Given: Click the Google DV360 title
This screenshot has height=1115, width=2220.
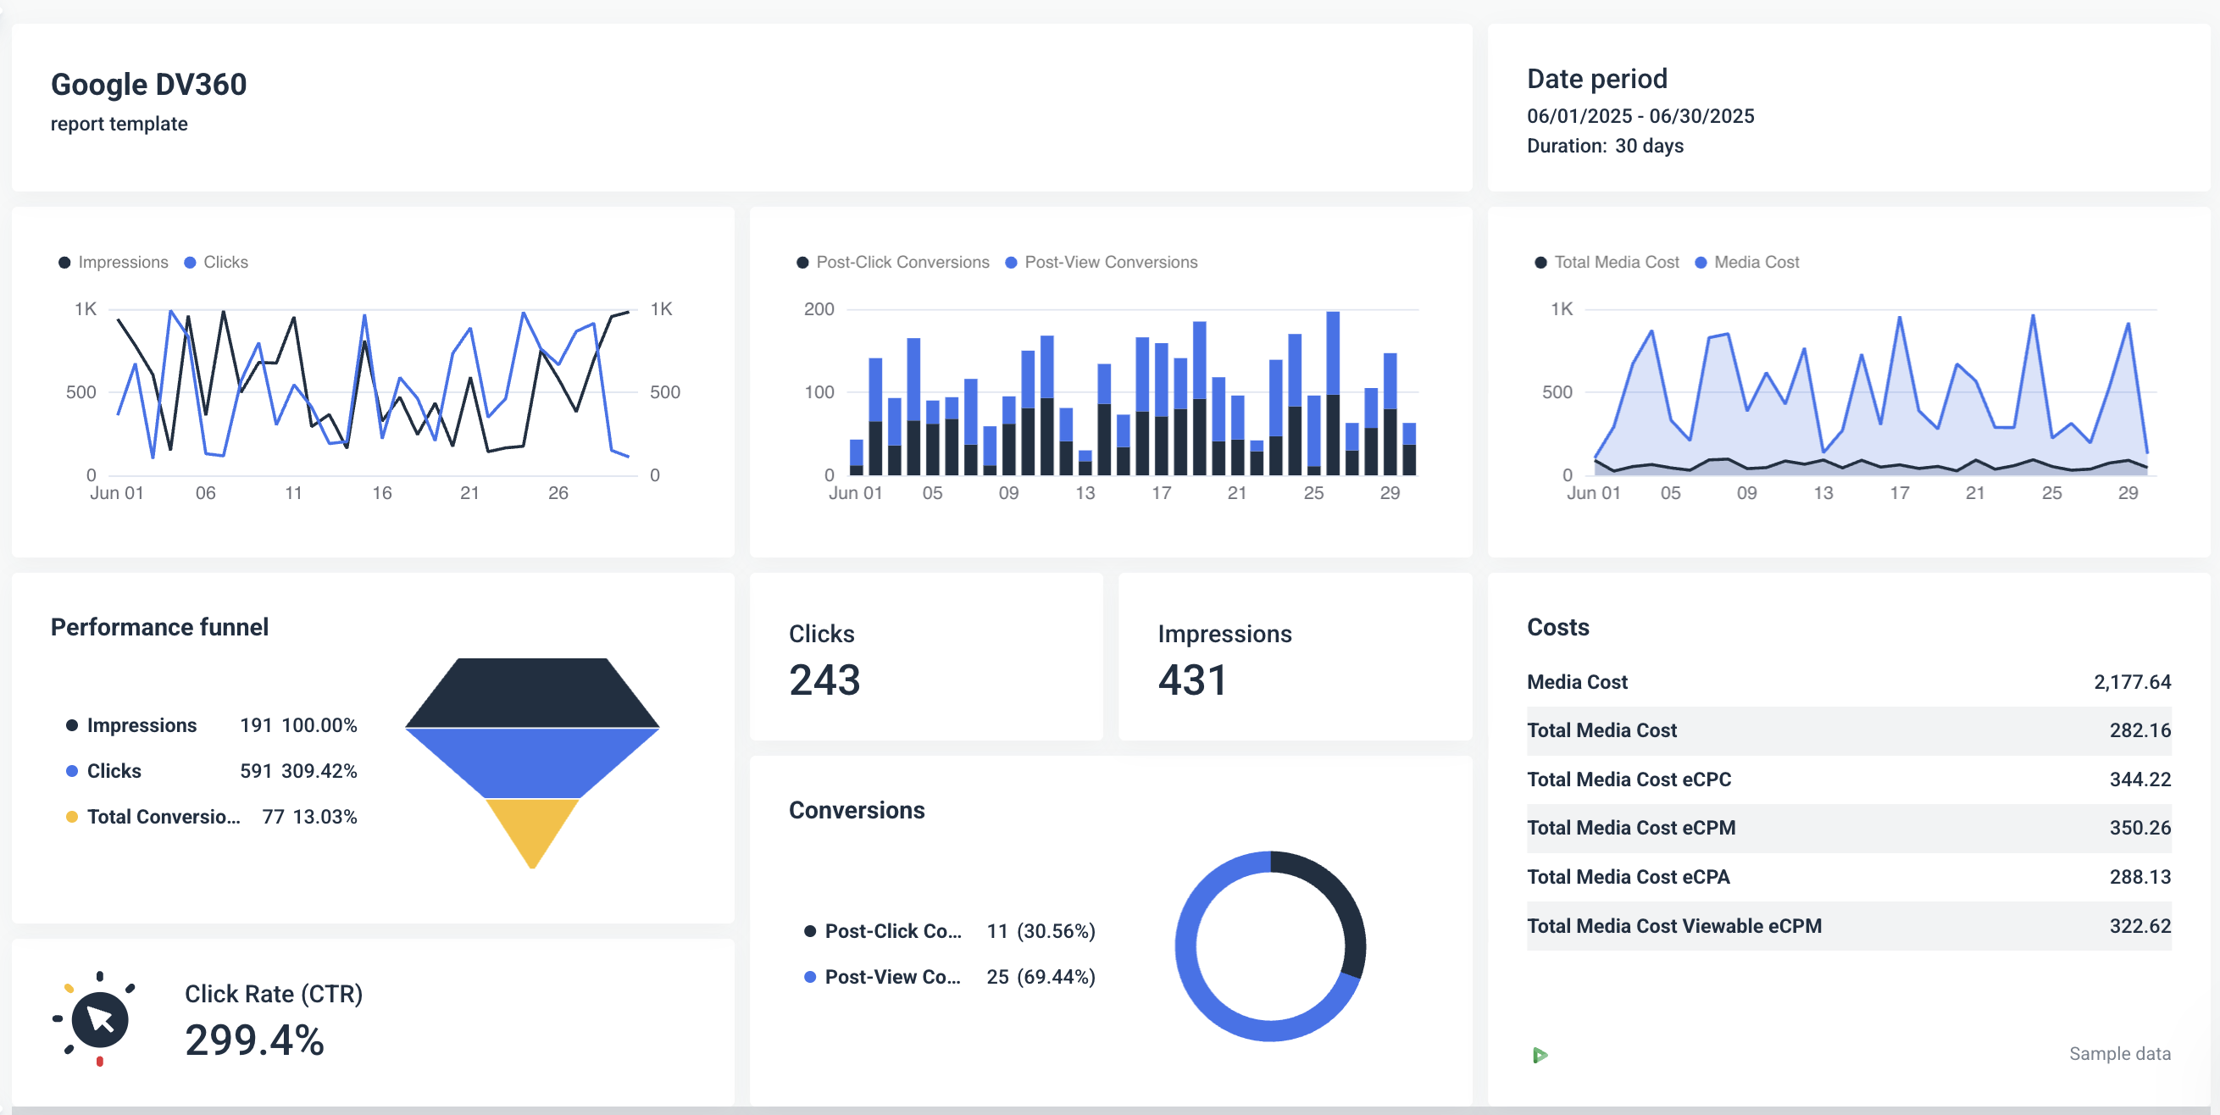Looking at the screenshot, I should (x=148, y=85).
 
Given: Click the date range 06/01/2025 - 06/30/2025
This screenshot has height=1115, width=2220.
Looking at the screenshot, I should (x=1640, y=116).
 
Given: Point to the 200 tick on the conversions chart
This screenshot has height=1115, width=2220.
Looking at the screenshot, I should (x=819, y=309).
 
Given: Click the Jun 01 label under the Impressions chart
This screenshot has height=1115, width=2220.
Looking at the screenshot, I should (x=116, y=493).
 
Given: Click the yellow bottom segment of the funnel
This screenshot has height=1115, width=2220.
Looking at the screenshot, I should (x=532, y=827).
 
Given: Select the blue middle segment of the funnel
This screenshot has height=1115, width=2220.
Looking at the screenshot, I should (x=532, y=762).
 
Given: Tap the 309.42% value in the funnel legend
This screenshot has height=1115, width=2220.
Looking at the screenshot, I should (x=319, y=771).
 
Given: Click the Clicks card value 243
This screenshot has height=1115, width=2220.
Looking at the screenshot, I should (x=824, y=680).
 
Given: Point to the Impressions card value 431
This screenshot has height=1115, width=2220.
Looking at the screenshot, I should (x=1192, y=680).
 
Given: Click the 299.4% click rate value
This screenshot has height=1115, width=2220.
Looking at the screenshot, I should (x=254, y=1040).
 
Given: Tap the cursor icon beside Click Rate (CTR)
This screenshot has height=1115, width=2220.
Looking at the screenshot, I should (x=100, y=1019).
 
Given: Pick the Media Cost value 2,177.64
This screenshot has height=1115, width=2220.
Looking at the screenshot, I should (x=2131, y=682).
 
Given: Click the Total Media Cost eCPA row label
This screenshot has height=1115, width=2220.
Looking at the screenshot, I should (x=1627, y=877).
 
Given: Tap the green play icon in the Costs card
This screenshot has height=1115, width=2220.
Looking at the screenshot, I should (x=1540, y=1055).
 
